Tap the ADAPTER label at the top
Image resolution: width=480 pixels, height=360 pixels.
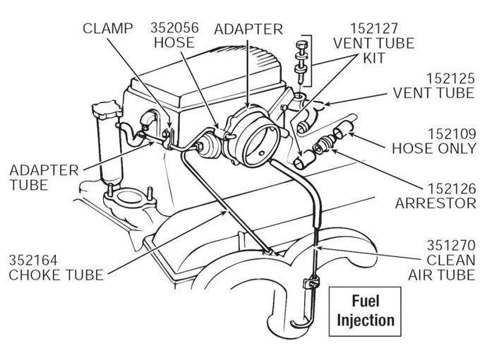point(248,29)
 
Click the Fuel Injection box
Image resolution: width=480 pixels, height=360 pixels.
point(365,311)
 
